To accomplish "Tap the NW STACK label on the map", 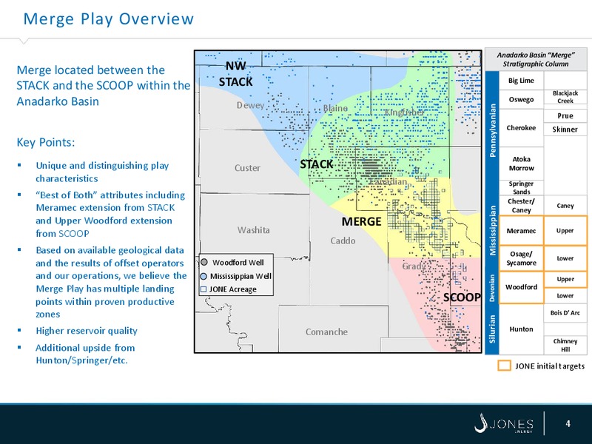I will pyautogui.click(x=237, y=74).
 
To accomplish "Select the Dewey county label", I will pyautogui.click(x=250, y=106).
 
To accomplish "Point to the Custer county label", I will pyautogui.click(x=247, y=168).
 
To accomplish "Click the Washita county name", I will pyautogui.click(x=253, y=230).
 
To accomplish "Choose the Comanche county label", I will pyautogui.click(x=326, y=332).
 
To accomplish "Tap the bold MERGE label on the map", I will pyautogui.click(x=361, y=222).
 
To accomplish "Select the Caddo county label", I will pyautogui.click(x=343, y=241).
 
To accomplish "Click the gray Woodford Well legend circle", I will pyautogui.click(x=203, y=262).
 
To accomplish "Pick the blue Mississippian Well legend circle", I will pyautogui.click(x=203, y=275).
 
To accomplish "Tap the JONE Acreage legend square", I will pyautogui.click(x=203, y=289).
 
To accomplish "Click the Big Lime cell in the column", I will pyautogui.click(x=522, y=80).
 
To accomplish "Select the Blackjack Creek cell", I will pyautogui.click(x=565, y=97).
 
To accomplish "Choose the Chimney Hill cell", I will pyautogui.click(x=565, y=344).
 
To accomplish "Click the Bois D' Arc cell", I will pyautogui.click(x=565, y=314).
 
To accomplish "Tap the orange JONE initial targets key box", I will pyautogui.click(x=504, y=366).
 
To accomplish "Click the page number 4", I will pyautogui.click(x=567, y=423).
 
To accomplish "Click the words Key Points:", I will pyautogui.click(x=50, y=142).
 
